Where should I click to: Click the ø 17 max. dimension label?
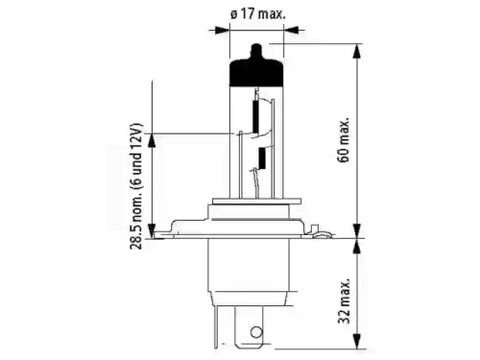tap(257, 14)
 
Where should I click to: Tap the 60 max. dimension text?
tap(344, 140)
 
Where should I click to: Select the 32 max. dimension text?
tap(345, 300)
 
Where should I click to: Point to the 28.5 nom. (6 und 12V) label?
tap(135, 186)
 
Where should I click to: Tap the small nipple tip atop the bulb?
tap(256, 51)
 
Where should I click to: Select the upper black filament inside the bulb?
tap(255, 117)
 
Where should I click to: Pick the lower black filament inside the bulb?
tap(262, 158)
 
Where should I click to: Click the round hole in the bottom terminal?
tap(256, 332)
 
